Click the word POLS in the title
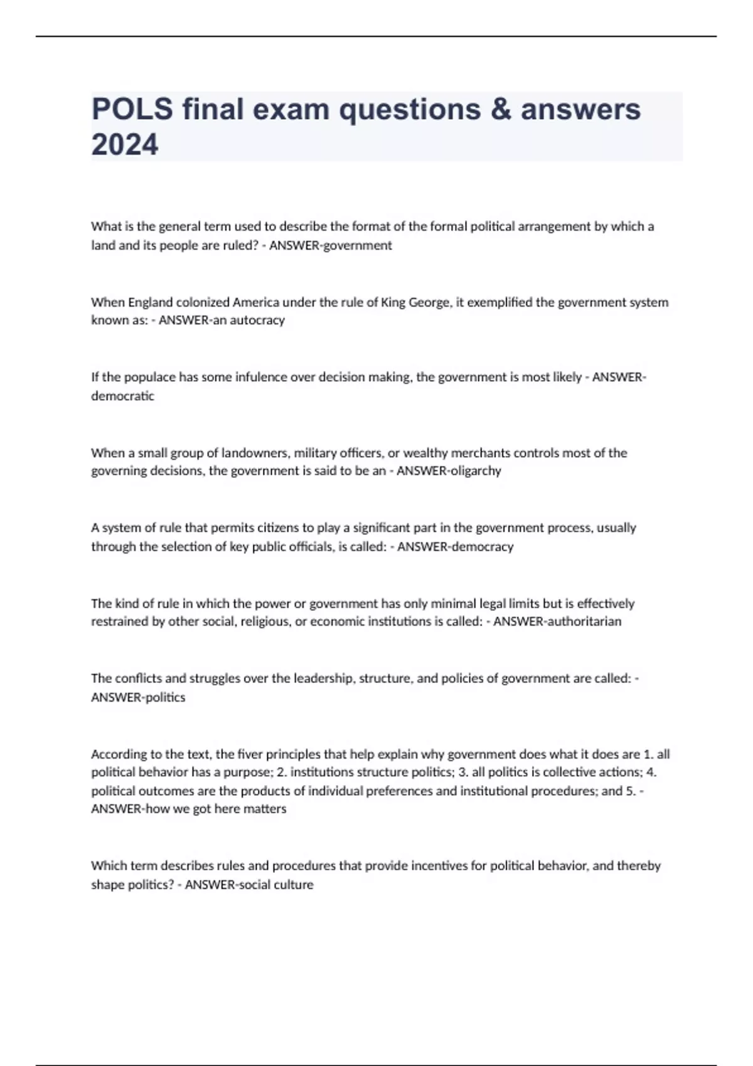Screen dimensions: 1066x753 click(x=132, y=109)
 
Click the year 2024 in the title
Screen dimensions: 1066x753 click(x=125, y=145)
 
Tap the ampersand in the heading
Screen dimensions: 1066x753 click(x=500, y=109)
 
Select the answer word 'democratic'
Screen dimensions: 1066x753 click(x=122, y=396)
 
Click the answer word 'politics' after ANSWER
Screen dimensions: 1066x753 click(x=165, y=697)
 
